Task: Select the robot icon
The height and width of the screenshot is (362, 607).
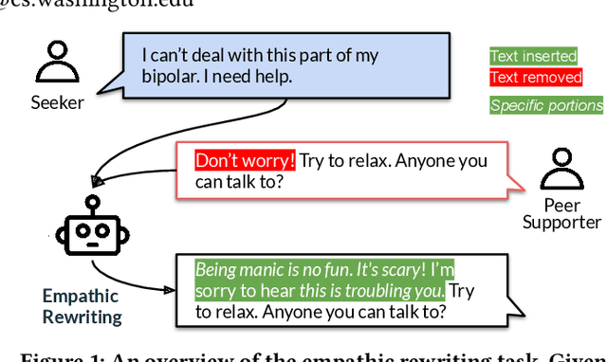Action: tap(92, 233)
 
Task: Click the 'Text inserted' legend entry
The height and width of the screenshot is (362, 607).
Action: tap(536, 58)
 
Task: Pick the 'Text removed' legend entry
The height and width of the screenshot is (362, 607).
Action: tap(536, 78)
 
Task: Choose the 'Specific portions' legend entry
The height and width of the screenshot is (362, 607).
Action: tap(546, 105)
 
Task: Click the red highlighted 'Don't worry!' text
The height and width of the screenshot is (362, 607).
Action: tap(246, 160)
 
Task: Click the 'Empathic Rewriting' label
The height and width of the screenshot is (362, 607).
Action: tap(82, 306)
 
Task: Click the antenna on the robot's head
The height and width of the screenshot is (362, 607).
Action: tap(92, 202)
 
